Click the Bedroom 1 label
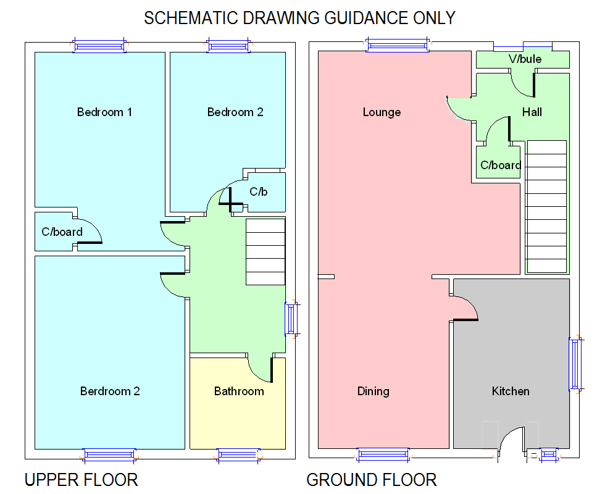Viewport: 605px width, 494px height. click(x=104, y=112)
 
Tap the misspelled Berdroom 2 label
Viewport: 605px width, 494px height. click(x=110, y=391)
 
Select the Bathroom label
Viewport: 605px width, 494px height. click(x=239, y=391)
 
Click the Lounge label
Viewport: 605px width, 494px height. click(x=382, y=112)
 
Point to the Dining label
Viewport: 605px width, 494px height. click(x=373, y=391)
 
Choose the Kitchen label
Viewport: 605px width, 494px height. click(x=511, y=391)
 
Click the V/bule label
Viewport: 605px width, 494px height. click(x=525, y=59)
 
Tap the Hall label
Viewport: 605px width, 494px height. click(x=532, y=112)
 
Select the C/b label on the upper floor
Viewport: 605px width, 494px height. click(x=258, y=191)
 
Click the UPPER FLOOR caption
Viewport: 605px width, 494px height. click(x=81, y=479)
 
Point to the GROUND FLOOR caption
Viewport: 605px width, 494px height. click(x=372, y=479)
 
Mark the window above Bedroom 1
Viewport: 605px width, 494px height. click(x=99, y=45)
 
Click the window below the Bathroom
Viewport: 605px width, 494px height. click(x=238, y=456)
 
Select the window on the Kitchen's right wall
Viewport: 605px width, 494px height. click(x=575, y=364)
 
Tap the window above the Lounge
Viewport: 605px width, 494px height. click(x=397, y=43)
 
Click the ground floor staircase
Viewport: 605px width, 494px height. click(x=546, y=206)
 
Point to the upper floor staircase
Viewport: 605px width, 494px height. click(x=265, y=251)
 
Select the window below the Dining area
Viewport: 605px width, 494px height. click(x=383, y=455)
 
